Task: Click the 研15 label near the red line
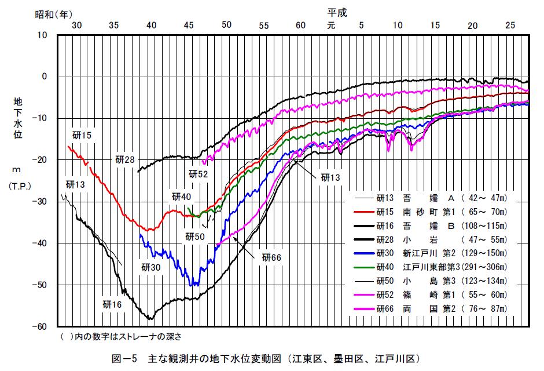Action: (x=82, y=136)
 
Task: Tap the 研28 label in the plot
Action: (x=124, y=159)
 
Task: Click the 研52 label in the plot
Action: (x=198, y=173)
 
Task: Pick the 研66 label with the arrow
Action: (x=271, y=257)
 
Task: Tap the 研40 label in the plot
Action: (x=181, y=197)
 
